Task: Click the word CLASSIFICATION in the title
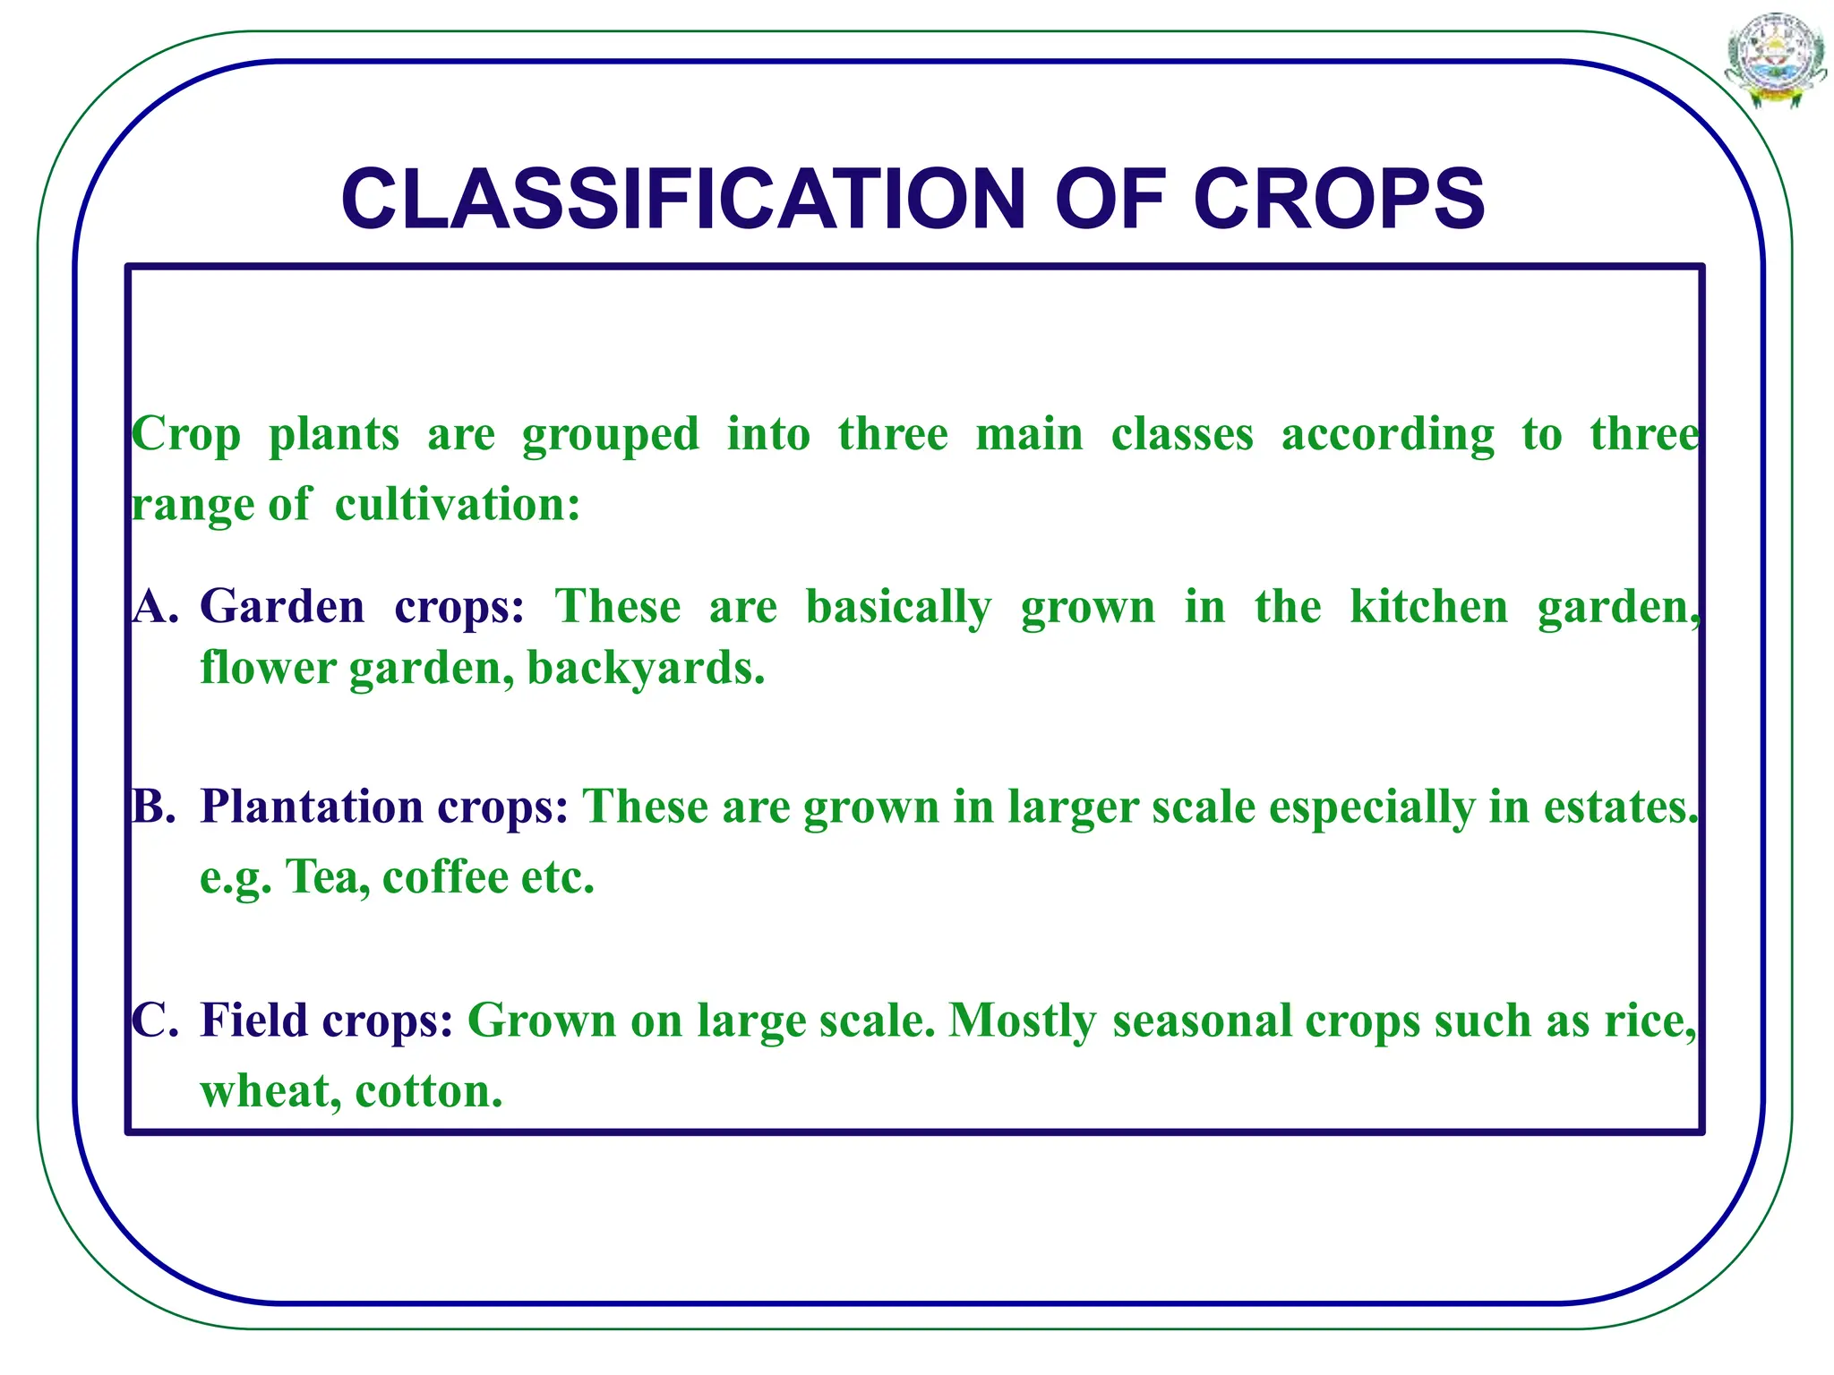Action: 682,199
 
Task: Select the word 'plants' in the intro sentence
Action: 334,436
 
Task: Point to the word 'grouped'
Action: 610,436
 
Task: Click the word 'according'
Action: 1387,436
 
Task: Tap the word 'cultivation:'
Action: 458,504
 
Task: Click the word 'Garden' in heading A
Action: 282,607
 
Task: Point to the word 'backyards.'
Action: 646,668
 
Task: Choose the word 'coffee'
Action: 444,877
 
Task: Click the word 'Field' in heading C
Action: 253,1021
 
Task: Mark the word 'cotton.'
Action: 429,1092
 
